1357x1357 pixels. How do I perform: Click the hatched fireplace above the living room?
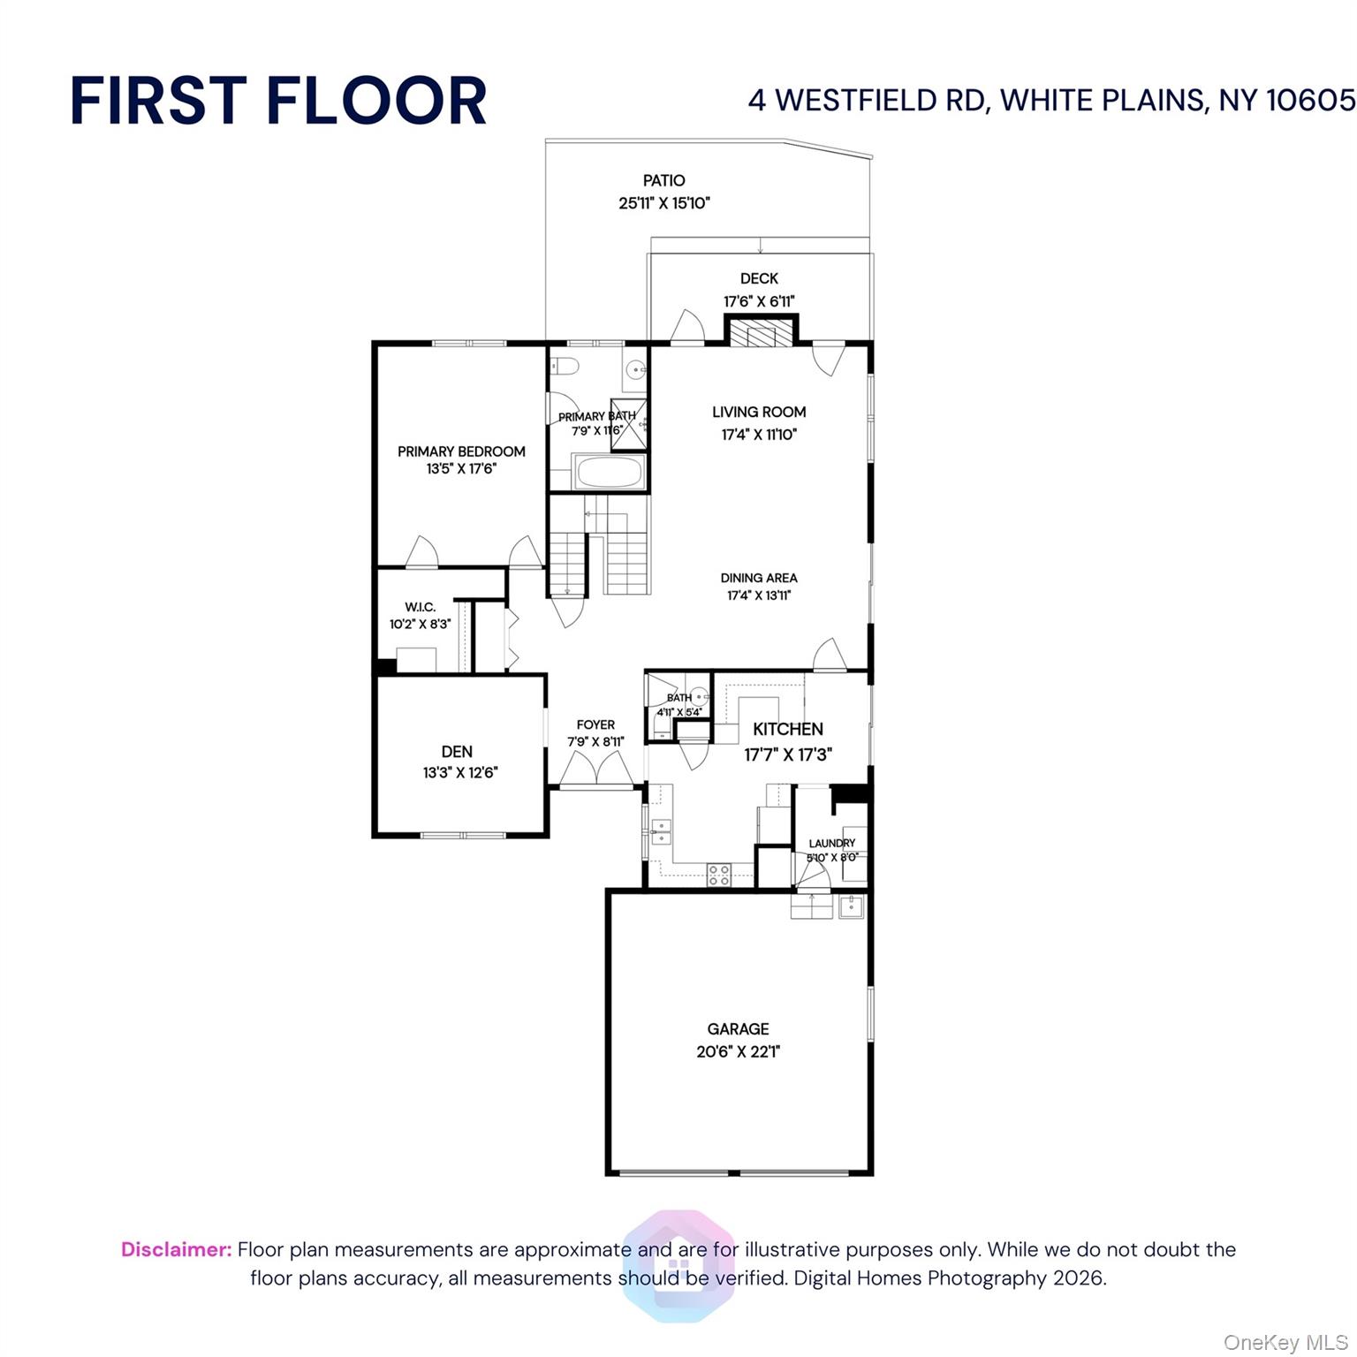pos(762,336)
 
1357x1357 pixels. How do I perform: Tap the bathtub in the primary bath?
pos(610,472)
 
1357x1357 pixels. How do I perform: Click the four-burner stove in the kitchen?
pos(718,875)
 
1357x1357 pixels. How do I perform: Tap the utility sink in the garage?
pos(851,906)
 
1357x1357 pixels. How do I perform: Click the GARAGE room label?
pos(738,1028)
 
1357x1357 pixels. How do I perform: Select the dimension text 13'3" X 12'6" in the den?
pos(460,772)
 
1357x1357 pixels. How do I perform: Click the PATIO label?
pos(663,180)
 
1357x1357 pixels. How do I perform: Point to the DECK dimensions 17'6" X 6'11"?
pos(759,301)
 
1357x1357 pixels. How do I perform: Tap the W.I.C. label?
pos(420,607)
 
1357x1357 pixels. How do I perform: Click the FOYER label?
pos(595,724)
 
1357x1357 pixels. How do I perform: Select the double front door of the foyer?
pos(595,770)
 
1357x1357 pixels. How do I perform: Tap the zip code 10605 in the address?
pos(1310,100)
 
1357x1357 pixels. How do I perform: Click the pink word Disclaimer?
pos(176,1249)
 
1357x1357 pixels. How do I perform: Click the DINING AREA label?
pos(758,578)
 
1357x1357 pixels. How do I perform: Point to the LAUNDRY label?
pos(831,843)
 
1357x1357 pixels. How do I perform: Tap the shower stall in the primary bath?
pos(629,425)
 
